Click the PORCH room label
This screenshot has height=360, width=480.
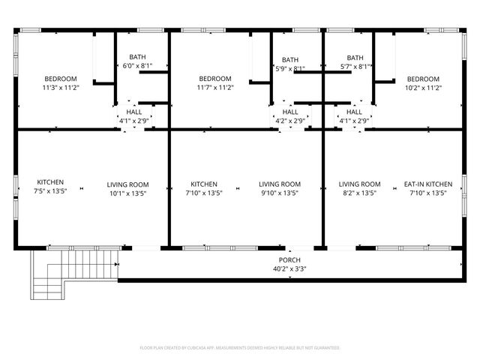[x=289, y=259]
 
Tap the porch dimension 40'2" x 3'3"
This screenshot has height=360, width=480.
[x=289, y=268]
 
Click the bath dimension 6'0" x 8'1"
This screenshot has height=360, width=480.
[x=137, y=66]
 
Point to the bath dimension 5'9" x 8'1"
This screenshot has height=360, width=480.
[x=289, y=69]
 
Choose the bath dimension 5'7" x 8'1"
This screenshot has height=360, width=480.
[x=354, y=66]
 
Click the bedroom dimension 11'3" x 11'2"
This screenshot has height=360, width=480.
[x=61, y=88]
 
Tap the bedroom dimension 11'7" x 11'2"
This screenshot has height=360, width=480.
[x=215, y=88]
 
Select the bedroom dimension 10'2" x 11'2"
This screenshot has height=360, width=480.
[x=424, y=88]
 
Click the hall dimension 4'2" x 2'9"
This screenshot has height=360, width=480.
[x=289, y=120]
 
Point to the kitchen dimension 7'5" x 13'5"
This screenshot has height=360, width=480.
[x=50, y=191]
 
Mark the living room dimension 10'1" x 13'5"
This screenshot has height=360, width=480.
[x=127, y=193]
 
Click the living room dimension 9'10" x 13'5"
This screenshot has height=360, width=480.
[x=280, y=193]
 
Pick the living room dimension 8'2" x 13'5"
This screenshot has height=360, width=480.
[x=359, y=193]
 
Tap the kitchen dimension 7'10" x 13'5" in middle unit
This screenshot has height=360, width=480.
[x=204, y=193]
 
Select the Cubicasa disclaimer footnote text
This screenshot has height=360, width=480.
[x=240, y=348]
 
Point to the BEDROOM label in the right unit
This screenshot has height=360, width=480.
[x=424, y=79]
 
